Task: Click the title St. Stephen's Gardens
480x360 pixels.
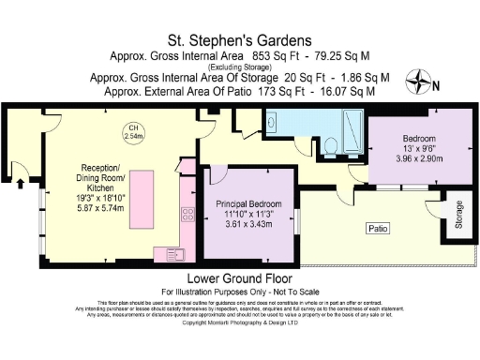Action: tap(240, 41)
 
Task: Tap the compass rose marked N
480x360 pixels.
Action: tap(419, 82)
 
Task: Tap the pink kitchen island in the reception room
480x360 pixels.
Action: tap(144, 191)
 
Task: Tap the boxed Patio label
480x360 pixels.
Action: tap(378, 228)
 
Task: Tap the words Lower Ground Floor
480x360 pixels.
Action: tap(240, 278)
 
